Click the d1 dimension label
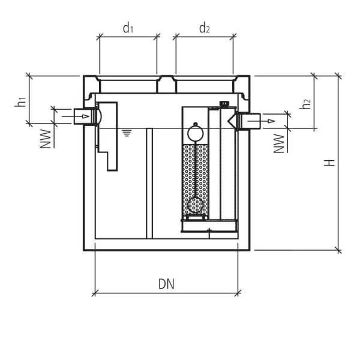[127, 28]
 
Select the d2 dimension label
[205, 28]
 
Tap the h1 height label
[20, 102]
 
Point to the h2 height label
[306, 103]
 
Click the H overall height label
[329, 163]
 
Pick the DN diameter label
[167, 284]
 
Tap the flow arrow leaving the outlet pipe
[271, 121]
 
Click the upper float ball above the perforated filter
[195, 131]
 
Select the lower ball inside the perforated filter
[195, 206]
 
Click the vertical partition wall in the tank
[149, 182]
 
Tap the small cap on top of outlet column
[225, 104]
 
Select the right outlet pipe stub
[250, 121]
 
